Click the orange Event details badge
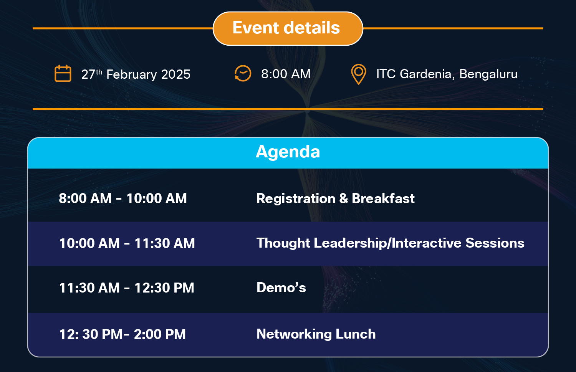point(288,28)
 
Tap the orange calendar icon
point(63,73)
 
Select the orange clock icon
point(243,74)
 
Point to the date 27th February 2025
point(136,74)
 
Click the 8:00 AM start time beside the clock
point(286,74)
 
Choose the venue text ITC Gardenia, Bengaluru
point(447,74)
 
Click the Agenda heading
point(288,152)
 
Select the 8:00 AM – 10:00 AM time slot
point(122,198)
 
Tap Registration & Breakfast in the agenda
point(335,198)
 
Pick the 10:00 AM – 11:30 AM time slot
point(127,243)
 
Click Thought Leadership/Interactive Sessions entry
point(391,243)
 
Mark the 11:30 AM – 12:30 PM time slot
point(127,288)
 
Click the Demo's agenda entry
point(281,287)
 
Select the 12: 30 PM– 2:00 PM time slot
point(122,334)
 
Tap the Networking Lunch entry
point(316,334)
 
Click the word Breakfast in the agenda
point(383,198)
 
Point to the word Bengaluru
point(488,74)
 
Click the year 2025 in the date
point(175,74)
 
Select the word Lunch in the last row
point(356,334)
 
